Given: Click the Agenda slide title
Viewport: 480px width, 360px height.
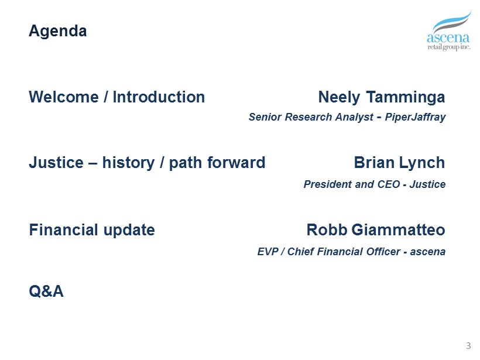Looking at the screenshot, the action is coord(58,32).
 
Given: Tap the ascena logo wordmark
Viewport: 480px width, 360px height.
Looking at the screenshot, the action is coord(448,37).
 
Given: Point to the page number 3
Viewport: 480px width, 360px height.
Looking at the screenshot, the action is coord(468,346).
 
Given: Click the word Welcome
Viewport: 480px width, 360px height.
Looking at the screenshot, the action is coord(64,97).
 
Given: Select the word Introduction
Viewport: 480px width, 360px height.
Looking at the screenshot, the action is coord(159,97).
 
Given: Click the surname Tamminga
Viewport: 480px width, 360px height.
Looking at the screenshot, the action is coord(406,97).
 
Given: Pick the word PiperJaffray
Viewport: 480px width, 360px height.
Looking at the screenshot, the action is coord(415,117).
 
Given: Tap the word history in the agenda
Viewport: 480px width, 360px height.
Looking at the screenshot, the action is coord(129,163).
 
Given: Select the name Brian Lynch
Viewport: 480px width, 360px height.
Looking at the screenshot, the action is coord(399,163).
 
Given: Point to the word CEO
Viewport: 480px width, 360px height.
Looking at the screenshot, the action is coord(389,184).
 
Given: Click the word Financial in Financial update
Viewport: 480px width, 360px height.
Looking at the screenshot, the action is coord(64,230).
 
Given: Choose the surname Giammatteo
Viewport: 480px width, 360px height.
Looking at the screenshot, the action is coord(398,230).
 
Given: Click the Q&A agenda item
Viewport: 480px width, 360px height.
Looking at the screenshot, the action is coord(46,291).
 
